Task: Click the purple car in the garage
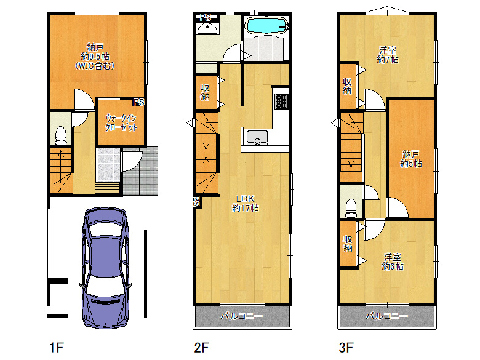[106, 268]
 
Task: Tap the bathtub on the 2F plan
[266, 25]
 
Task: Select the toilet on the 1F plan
[60, 135]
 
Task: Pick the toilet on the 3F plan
[351, 209]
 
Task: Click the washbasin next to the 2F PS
[207, 28]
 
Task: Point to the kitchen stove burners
[281, 102]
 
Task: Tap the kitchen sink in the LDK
[257, 137]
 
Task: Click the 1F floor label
[57, 348]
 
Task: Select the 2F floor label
[201, 348]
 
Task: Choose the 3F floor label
[346, 348]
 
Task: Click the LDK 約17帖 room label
[245, 204]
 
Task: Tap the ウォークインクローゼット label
[121, 122]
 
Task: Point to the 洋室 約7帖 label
[388, 55]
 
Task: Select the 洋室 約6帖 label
[393, 262]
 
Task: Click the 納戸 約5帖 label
[411, 159]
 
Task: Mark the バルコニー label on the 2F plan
[241, 316]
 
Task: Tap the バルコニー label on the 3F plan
[386, 316]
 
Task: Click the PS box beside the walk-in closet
[138, 102]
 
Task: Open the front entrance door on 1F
[132, 161]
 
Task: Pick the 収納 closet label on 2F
[205, 92]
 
